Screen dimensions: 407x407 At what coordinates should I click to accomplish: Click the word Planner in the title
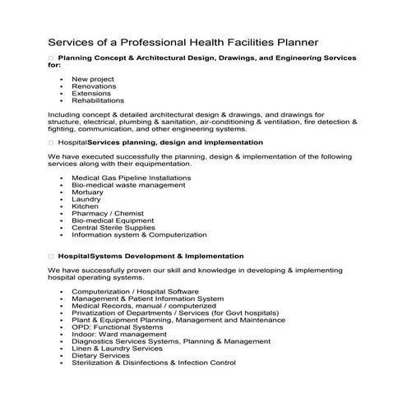click(x=293, y=41)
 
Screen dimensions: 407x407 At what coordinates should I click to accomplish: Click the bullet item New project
click(x=92, y=78)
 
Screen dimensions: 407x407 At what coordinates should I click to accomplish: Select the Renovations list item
click(x=94, y=86)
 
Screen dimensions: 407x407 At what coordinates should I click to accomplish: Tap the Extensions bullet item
click(x=91, y=93)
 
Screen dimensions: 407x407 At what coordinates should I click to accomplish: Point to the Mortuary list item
click(x=87, y=192)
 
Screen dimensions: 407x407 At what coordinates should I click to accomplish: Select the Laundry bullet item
click(x=86, y=199)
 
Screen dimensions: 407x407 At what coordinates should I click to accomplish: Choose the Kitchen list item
click(x=85, y=206)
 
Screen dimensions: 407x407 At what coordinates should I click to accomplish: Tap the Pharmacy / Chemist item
click(x=107, y=213)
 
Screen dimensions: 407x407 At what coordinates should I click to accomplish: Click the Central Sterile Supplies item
click(x=113, y=228)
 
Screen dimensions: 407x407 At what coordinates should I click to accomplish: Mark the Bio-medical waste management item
click(x=128, y=184)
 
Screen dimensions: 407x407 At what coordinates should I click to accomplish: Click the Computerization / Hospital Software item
click(x=135, y=291)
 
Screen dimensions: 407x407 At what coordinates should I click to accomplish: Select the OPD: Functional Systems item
click(x=118, y=327)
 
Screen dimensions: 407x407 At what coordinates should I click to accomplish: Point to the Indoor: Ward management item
click(x=119, y=334)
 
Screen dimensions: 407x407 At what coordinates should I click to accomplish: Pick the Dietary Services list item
click(x=100, y=355)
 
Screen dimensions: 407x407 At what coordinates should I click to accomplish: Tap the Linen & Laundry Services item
click(x=117, y=348)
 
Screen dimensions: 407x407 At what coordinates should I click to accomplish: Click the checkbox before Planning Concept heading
click(x=51, y=58)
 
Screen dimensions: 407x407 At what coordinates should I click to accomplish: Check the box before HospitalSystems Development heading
click(x=51, y=256)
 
